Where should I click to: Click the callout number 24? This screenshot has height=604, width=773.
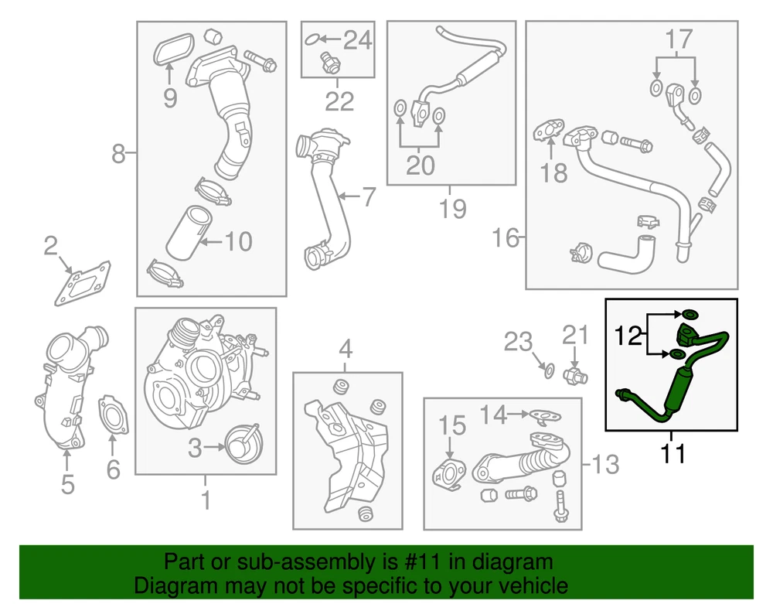(357, 39)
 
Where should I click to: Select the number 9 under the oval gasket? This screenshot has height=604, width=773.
(170, 98)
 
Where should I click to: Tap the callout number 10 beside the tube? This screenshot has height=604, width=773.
(238, 241)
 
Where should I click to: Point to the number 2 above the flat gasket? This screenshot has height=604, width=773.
(51, 246)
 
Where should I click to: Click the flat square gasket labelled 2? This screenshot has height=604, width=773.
(83, 283)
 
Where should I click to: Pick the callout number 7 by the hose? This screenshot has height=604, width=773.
(369, 196)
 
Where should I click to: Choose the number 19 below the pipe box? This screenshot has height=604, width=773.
(452, 208)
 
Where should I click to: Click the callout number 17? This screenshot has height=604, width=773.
(679, 39)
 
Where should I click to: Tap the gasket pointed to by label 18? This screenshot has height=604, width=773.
(549, 130)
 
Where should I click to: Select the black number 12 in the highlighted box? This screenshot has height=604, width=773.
(628, 336)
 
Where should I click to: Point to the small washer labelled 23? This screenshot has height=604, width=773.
(549, 370)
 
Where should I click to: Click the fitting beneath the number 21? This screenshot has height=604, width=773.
(575, 377)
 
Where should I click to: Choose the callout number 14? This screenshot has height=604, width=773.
(494, 415)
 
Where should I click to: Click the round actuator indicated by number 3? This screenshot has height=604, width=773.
(243, 443)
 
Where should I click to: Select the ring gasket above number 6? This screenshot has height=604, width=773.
(113, 415)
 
